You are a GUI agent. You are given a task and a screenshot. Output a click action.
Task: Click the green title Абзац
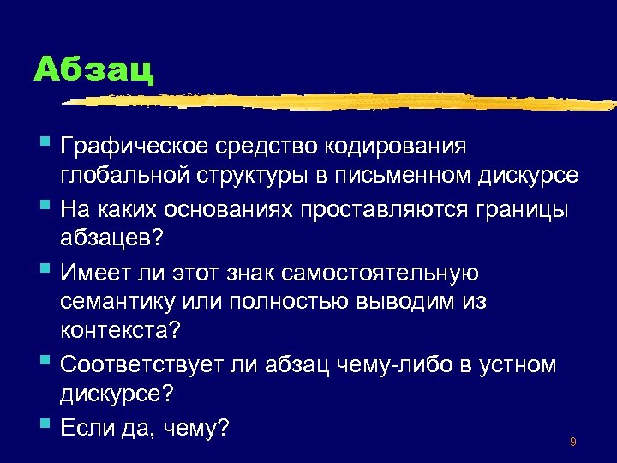click(93, 69)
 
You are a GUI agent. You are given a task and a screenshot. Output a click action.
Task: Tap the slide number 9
click(572, 442)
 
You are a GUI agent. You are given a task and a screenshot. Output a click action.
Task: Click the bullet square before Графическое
click(45, 142)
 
